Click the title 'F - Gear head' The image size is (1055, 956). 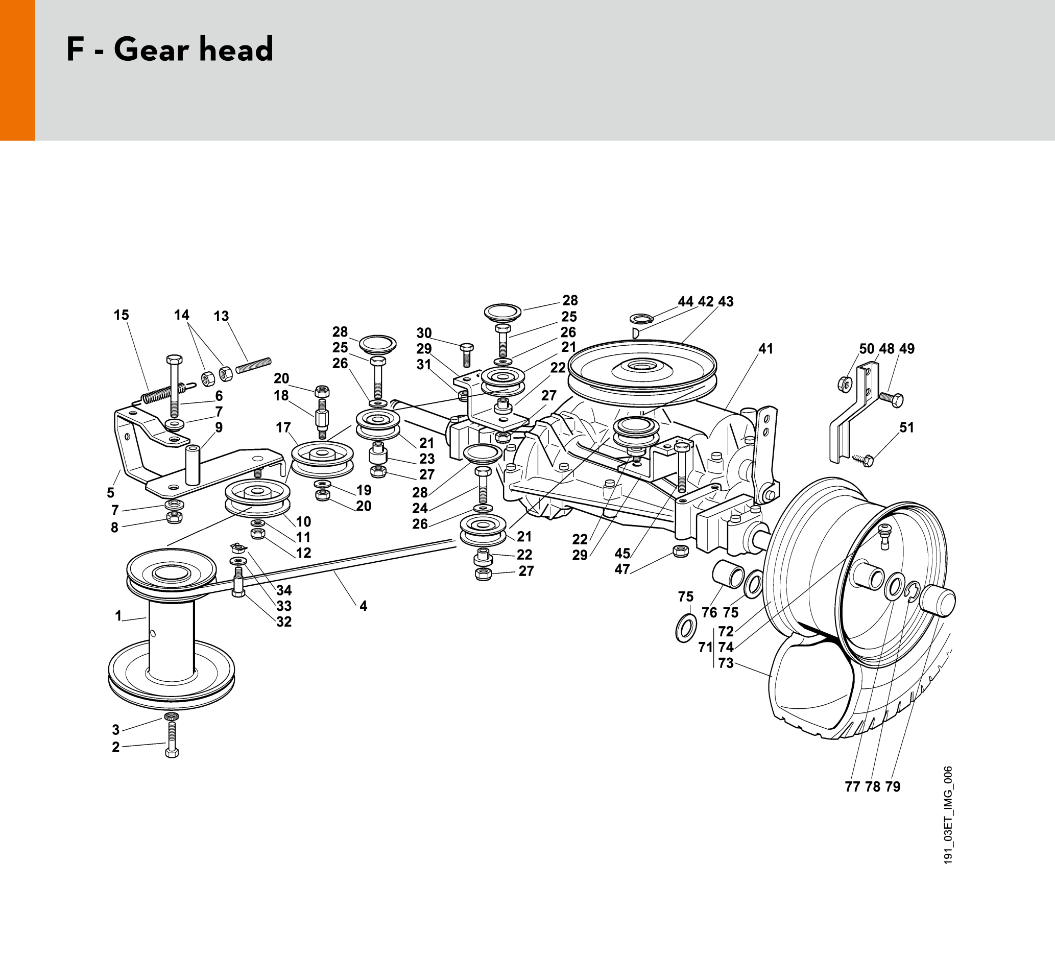[x=170, y=50]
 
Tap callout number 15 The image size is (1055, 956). [x=121, y=315]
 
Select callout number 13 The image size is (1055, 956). [x=221, y=316]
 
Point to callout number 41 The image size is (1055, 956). [x=765, y=348]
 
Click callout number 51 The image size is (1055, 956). [x=906, y=427]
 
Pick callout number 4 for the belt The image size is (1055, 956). [x=363, y=606]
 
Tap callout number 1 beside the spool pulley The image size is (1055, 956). [x=118, y=616]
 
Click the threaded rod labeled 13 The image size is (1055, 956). [x=253, y=365]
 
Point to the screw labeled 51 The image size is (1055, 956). [x=865, y=461]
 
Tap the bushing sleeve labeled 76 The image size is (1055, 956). [x=727, y=575]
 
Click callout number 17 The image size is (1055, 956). [x=283, y=427]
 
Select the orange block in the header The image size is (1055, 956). [x=17, y=70]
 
